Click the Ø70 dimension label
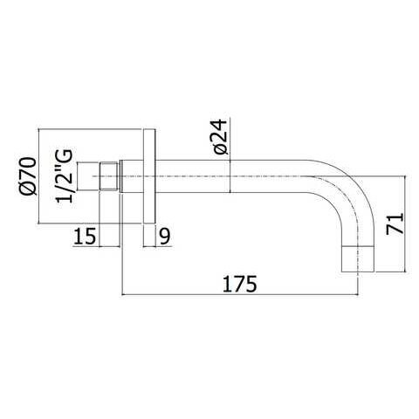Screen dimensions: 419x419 (x=29, y=175)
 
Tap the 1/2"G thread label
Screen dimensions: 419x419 (x=64, y=175)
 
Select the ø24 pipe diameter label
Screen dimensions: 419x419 (x=220, y=136)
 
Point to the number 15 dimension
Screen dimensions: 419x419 (x=85, y=236)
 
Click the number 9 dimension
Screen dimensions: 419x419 (x=165, y=236)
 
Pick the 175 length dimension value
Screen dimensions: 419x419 (x=240, y=284)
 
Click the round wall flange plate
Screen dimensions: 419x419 (x=150, y=176)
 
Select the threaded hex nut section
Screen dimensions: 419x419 (x=109, y=176)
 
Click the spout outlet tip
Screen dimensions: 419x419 (x=357, y=259)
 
